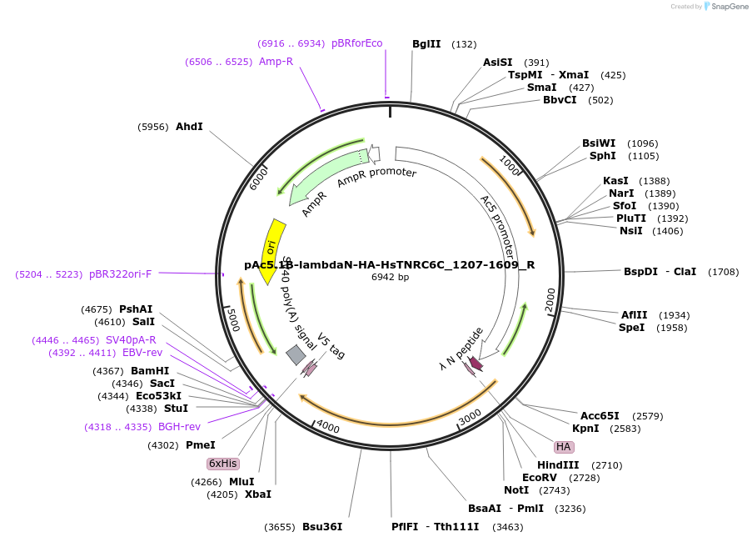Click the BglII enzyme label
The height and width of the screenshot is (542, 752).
[x=426, y=44]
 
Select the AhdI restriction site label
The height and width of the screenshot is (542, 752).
[x=189, y=127]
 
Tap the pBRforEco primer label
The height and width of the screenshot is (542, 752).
[x=357, y=43]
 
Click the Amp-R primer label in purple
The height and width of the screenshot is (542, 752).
[x=276, y=62]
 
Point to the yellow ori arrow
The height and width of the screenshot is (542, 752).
[x=272, y=250]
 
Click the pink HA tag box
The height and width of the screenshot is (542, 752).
[x=564, y=447]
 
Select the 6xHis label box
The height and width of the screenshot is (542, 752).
[x=223, y=464]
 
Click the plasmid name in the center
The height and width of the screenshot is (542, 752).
[x=389, y=265]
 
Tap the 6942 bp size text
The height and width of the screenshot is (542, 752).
[x=390, y=278]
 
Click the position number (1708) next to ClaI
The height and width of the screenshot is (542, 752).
[x=723, y=272]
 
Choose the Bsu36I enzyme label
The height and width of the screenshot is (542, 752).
[x=322, y=527]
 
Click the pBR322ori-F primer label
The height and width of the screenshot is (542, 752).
[x=120, y=274]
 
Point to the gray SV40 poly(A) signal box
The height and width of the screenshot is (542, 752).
[x=296, y=355]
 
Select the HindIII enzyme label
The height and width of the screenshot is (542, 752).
[x=558, y=465]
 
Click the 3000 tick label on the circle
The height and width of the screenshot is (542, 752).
[x=471, y=415]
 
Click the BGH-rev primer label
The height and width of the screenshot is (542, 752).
[x=179, y=427]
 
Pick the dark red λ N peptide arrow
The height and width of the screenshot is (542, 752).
[x=476, y=364]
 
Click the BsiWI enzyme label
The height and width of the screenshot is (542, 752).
[x=599, y=143]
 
